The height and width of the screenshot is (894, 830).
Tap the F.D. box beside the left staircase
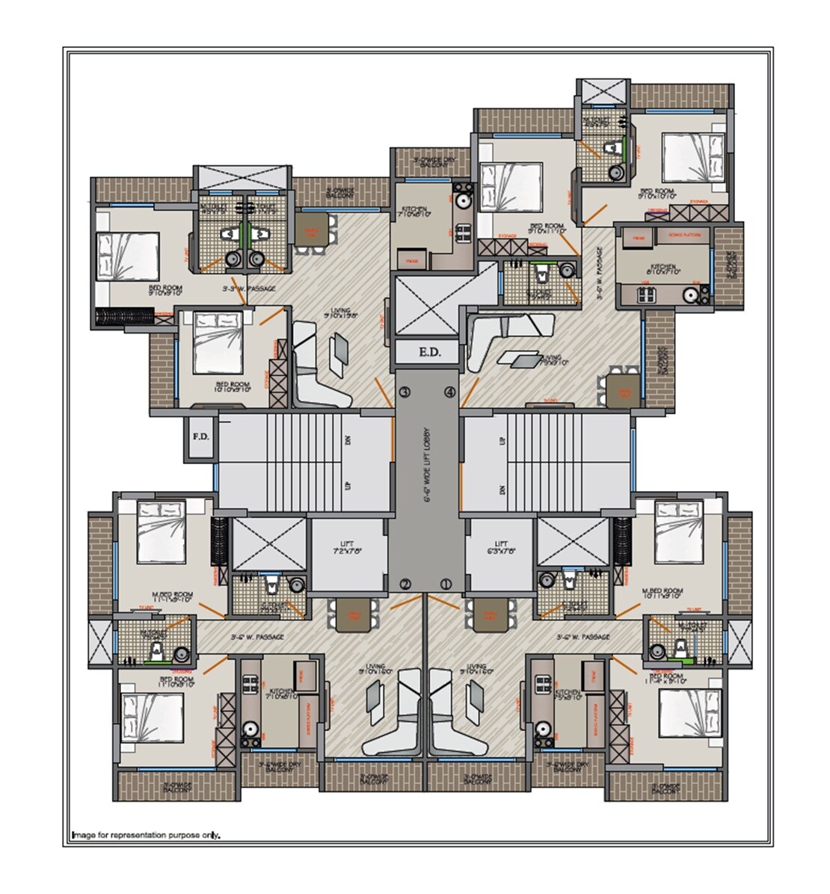tap(200, 435)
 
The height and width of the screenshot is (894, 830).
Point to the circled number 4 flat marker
tap(449, 392)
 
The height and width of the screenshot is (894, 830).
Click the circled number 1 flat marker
tap(446, 584)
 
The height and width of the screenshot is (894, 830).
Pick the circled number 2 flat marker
tap(405, 584)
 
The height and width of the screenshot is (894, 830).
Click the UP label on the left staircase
tap(348, 486)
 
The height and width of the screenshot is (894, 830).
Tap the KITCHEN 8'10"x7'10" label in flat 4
tap(662, 270)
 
